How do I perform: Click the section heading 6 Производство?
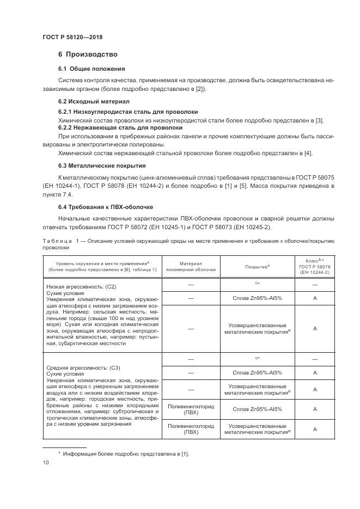88,54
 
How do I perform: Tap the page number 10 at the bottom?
45,463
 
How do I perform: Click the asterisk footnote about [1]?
123,453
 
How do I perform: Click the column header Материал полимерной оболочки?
191,266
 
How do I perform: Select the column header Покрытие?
258,267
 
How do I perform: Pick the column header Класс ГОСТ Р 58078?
315,267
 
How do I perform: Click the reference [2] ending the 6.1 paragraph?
202,89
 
